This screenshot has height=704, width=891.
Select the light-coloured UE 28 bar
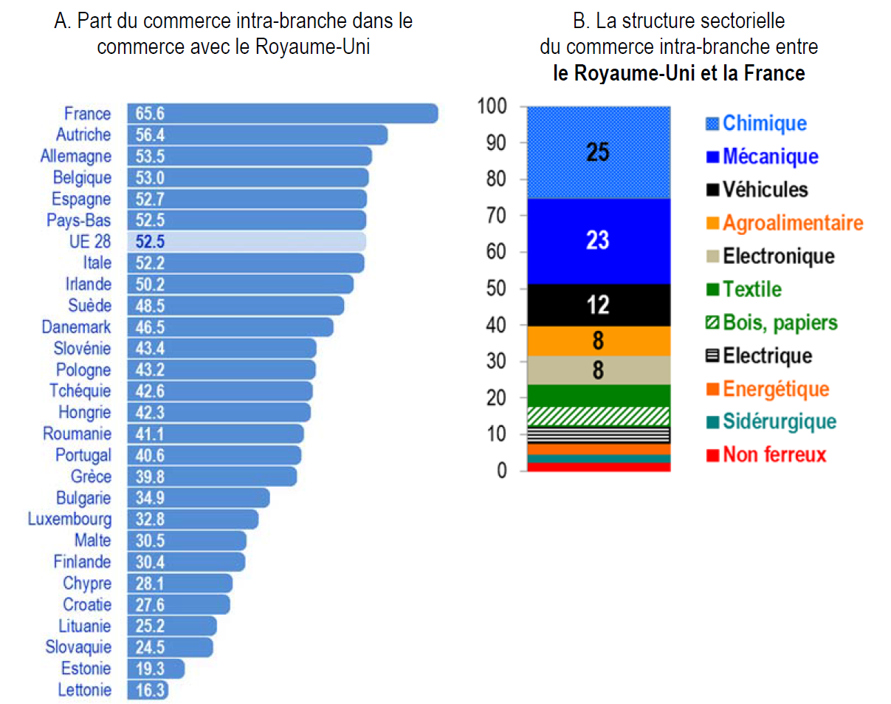[x=247, y=242]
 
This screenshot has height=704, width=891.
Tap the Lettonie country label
[x=85, y=690]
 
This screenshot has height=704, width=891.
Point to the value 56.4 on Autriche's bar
[x=150, y=135]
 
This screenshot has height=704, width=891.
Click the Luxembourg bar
[x=193, y=519]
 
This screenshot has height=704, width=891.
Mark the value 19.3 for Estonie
[x=150, y=669]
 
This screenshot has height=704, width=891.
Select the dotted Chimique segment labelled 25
[x=598, y=152]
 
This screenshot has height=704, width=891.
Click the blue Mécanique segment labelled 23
[x=598, y=242]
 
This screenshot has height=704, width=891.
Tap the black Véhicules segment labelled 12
[x=598, y=305]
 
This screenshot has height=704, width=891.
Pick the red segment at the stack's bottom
[x=598, y=466]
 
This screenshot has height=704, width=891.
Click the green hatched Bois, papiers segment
[x=598, y=416]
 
